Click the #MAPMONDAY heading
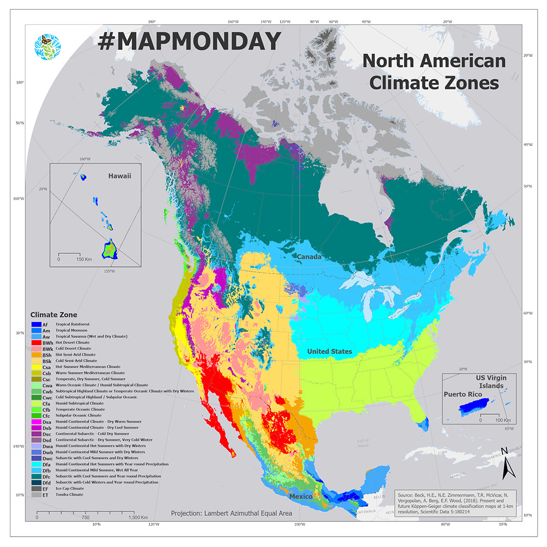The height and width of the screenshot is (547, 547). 189,42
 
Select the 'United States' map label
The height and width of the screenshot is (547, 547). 329,351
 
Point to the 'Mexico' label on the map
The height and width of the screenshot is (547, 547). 300,496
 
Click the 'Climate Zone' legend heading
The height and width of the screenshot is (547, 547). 54,315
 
